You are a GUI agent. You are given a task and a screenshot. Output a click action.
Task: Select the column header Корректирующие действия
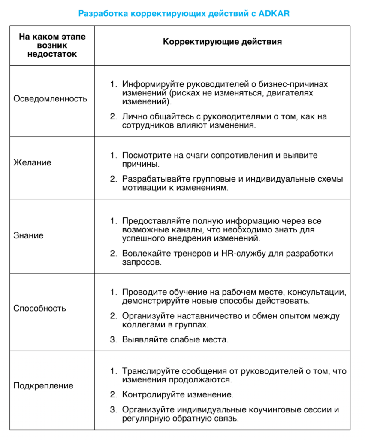pos(222,42)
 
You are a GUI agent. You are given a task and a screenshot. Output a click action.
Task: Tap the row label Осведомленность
pos(50,98)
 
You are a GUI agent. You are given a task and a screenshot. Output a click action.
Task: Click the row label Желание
pos(32,162)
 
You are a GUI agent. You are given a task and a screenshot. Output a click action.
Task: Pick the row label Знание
pos(28,235)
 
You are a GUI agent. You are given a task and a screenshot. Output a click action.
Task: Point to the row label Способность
pos(40,308)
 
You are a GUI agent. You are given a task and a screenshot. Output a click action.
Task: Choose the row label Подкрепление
pos(43,385)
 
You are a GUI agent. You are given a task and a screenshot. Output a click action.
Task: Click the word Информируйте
pos(148,84)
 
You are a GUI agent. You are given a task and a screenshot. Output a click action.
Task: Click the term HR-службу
pos(243,253)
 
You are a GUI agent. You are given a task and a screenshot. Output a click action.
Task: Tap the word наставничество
pos(203,316)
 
